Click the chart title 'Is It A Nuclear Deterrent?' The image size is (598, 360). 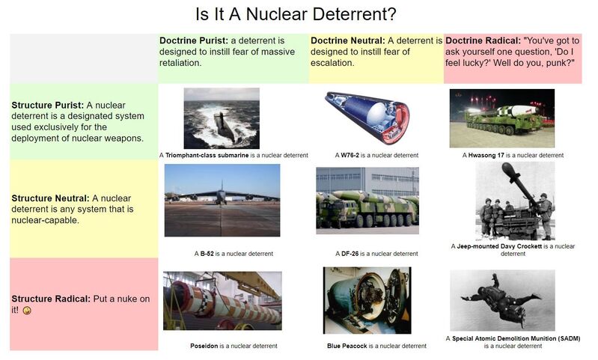[x=296, y=14]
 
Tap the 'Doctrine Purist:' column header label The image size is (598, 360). [x=194, y=40]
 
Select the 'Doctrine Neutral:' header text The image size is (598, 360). [x=348, y=40]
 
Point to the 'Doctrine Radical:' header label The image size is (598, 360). [x=483, y=40]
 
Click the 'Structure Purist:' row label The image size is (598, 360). [x=47, y=105]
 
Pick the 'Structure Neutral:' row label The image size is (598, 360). [x=50, y=198]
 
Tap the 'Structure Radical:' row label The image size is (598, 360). [x=51, y=299]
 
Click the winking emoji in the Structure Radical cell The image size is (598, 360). [x=27, y=311]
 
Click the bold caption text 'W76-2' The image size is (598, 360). [x=350, y=155]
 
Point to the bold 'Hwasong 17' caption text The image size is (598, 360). [x=486, y=155]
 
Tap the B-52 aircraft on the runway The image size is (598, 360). [x=222, y=195]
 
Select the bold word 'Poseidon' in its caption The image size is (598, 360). [x=204, y=346]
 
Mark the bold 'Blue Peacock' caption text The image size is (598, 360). [x=347, y=346]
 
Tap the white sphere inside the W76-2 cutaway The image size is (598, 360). [x=376, y=113]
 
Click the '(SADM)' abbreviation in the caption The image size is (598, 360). [x=569, y=338]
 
